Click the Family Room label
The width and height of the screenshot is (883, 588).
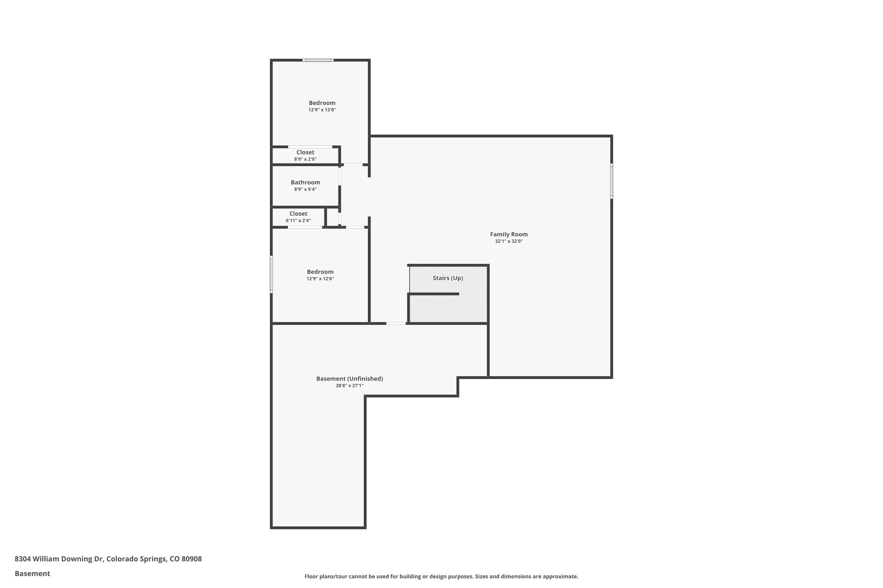(x=509, y=234)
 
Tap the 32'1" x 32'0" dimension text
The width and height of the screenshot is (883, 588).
(x=509, y=242)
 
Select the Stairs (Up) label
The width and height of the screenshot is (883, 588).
(x=448, y=278)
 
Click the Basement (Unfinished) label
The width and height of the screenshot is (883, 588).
(x=349, y=379)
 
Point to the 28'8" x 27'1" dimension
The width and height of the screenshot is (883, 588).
(x=349, y=386)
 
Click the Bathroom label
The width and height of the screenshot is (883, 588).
(x=305, y=182)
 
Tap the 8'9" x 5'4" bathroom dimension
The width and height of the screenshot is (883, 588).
(x=305, y=190)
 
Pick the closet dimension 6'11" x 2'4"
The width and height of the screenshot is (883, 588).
(x=298, y=221)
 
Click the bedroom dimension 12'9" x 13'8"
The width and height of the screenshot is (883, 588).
(x=322, y=110)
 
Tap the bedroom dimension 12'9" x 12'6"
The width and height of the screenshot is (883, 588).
(x=320, y=279)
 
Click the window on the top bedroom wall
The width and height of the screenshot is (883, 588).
(x=318, y=60)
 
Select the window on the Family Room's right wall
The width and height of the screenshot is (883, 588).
(x=611, y=181)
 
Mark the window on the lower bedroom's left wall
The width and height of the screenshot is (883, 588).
(x=271, y=274)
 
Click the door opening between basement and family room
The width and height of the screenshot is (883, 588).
(x=396, y=323)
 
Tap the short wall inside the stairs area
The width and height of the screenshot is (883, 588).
(x=433, y=294)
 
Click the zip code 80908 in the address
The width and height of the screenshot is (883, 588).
(x=191, y=559)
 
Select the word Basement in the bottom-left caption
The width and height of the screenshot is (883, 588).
(x=32, y=574)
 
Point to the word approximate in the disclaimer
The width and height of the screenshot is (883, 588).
(x=560, y=576)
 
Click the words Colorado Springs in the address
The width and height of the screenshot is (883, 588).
(x=136, y=559)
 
